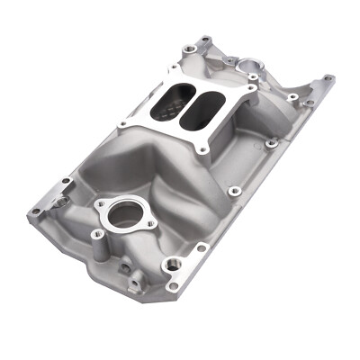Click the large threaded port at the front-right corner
coord(171,265)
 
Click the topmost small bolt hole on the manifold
coord(206,40)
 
